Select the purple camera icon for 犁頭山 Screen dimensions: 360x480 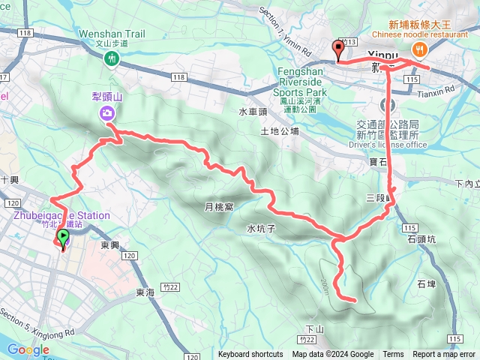pos(107,113)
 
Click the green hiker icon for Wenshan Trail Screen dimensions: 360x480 pos(111,58)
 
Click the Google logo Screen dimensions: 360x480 pos(28,349)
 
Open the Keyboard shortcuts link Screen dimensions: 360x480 pos(250,355)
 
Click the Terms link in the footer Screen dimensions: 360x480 pos(393,355)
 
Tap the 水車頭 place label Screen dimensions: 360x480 pos(253,112)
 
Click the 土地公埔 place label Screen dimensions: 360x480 pos(279,131)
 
